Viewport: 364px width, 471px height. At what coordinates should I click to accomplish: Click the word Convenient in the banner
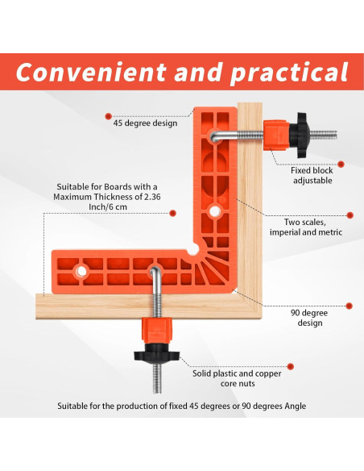click(x=90, y=72)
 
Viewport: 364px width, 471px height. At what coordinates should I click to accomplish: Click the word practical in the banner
click(x=289, y=73)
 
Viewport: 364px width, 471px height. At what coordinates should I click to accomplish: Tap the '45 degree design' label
click(x=145, y=123)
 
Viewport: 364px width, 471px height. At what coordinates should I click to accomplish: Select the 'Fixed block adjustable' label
click(x=312, y=176)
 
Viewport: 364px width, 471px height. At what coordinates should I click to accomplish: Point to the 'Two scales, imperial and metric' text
click(x=305, y=227)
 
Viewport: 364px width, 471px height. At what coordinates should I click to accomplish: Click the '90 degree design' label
click(x=309, y=318)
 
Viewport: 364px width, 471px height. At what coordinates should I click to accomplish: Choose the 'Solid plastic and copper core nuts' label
click(x=237, y=378)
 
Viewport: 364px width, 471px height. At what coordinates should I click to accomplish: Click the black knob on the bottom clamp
click(x=156, y=353)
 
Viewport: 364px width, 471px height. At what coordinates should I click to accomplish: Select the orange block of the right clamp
click(x=276, y=135)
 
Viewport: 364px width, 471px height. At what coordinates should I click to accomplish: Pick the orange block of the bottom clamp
click(x=156, y=331)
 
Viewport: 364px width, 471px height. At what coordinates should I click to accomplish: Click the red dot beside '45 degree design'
click(x=108, y=116)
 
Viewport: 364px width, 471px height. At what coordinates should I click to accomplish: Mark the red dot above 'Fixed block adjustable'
click(x=341, y=164)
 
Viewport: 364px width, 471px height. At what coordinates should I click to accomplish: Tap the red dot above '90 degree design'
click(x=349, y=306)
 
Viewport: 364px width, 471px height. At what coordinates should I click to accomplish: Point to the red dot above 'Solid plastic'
click(x=290, y=366)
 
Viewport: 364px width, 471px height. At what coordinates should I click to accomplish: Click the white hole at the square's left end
click(x=81, y=272)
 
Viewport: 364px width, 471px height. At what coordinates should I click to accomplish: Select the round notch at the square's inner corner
click(x=193, y=249)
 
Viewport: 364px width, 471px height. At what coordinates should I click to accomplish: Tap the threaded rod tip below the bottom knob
click(x=157, y=390)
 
